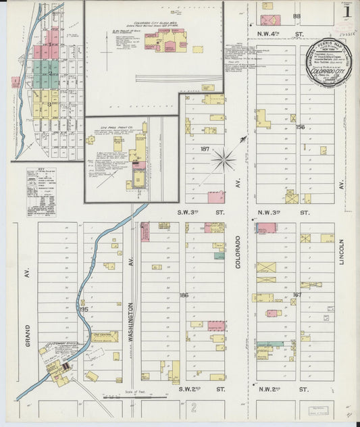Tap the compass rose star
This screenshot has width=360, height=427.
pos(224,160)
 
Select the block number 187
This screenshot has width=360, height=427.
pos(205,149)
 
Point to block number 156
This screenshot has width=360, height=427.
pos(300,126)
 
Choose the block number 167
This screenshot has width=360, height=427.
pos(297,295)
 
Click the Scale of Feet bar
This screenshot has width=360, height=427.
pos(135,397)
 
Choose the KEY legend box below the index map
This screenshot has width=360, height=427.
pos(41,192)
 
